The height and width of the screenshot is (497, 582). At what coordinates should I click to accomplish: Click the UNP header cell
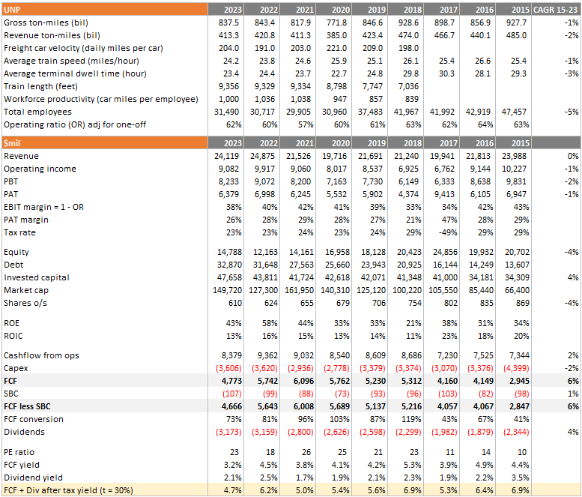(105, 10)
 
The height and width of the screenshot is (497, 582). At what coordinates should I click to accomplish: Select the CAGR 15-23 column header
(555, 10)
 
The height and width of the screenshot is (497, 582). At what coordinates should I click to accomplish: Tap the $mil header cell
(105, 143)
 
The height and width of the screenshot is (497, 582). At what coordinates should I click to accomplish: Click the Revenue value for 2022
(262, 156)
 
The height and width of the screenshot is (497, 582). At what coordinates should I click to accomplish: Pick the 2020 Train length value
(336, 86)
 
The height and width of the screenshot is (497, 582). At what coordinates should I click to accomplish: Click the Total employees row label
(37, 112)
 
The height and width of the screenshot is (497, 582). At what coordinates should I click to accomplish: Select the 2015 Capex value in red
(516, 368)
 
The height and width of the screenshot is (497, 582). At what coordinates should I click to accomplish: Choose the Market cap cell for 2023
(227, 290)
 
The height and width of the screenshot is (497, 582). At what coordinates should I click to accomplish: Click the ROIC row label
(13, 336)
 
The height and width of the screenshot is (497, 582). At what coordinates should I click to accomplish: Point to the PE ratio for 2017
(450, 452)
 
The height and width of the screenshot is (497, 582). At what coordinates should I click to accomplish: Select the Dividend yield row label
(34, 478)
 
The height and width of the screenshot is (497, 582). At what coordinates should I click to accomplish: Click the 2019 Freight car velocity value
(373, 48)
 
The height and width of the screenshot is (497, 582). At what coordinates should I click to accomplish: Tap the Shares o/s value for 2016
(487, 303)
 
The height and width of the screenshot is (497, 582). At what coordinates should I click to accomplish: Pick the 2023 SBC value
(232, 394)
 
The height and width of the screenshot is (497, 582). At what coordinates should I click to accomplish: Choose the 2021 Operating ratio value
(306, 124)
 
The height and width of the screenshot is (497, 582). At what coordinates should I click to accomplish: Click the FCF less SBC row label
(27, 406)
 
